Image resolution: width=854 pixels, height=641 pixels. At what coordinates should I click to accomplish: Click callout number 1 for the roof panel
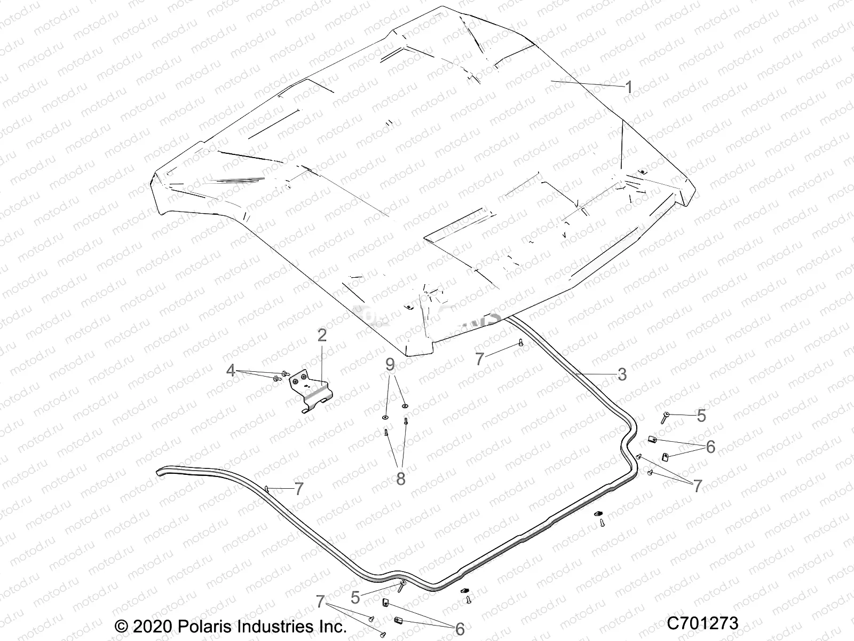(629, 87)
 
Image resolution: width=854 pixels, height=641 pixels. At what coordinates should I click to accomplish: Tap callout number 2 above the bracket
(322, 336)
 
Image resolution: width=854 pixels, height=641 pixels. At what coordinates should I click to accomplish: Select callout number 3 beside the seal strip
(621, 374)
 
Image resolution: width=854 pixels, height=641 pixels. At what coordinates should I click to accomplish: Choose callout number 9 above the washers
(391, 365)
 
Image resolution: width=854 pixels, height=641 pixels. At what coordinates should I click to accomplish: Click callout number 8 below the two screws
(401, 479)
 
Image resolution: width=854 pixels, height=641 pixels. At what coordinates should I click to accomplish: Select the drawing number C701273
(702, 624)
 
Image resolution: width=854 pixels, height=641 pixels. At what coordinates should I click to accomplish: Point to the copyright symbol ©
(122, 626)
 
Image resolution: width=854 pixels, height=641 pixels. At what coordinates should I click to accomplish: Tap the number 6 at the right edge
(710, 447)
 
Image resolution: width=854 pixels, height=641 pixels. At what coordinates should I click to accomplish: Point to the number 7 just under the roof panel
(479, 359)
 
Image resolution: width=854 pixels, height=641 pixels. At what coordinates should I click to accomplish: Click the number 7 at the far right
(697, 486)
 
